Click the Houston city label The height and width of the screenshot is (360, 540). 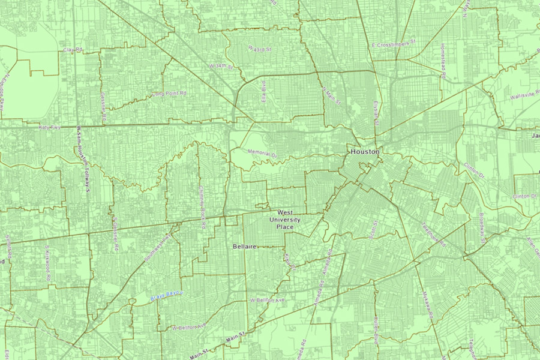pos(365,152)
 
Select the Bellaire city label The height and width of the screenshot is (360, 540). pos(245,247)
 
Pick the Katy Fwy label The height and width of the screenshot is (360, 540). pos(51,127)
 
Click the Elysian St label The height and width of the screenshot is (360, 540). pos(377,112)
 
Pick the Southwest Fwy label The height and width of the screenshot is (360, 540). pos(158,248)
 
